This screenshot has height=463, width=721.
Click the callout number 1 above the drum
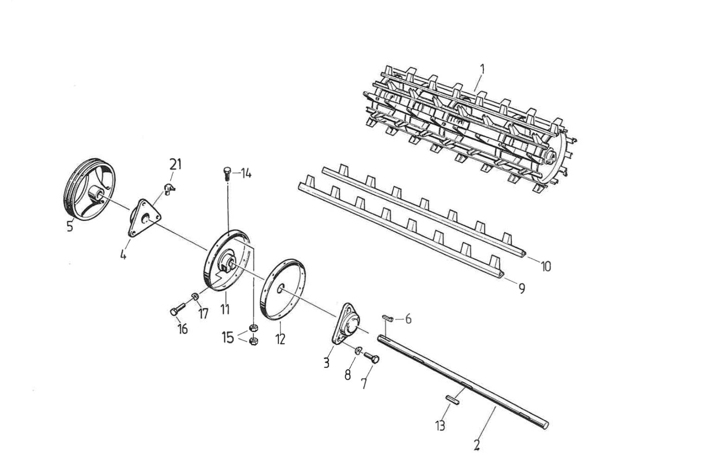(x=482, y=70)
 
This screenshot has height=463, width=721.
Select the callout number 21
(x=175, y=164)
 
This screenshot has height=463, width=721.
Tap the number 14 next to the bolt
(x=245, y=174)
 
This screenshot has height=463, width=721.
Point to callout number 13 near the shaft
(x=440, y=425)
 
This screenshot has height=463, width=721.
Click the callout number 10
(x=546, y=266)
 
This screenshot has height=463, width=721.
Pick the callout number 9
(x=521, y=289)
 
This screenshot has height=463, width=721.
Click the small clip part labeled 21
(x=169, y=188)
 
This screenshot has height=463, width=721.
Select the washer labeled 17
(x=195, y=296)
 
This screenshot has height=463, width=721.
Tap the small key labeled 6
(x=388, y=318)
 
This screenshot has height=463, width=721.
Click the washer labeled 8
(x=358, y=351)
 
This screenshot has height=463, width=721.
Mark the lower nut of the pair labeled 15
(x=253, y=341)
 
